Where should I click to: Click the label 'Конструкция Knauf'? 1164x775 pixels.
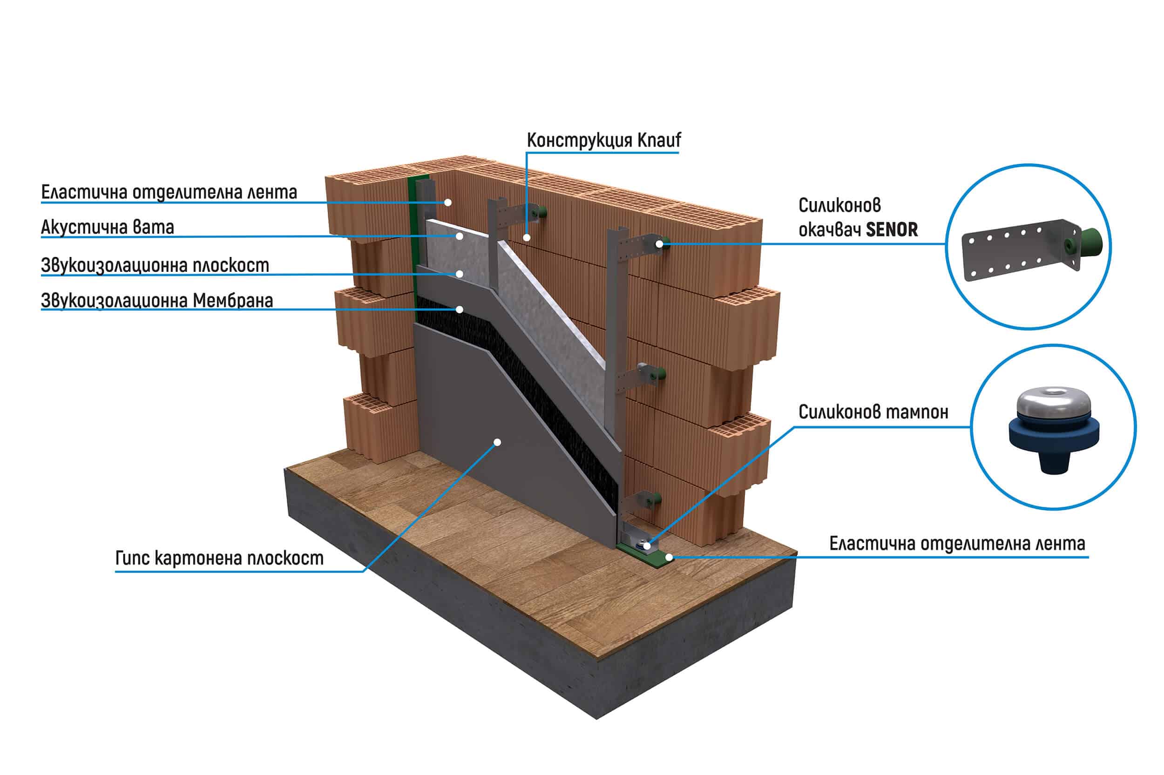[x=603, y=141]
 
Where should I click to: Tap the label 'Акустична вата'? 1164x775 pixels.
[x=107, y=227]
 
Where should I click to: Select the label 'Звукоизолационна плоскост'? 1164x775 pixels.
[x=155, y=265]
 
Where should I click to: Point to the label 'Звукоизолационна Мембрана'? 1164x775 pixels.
[x=157, y=301]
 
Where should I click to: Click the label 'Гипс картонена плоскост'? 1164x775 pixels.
[x=219, y=558]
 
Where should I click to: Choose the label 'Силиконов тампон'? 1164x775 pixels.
[x=873, y=412]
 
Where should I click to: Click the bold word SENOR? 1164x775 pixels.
[x=892, y=230]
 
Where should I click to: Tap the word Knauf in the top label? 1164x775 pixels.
[x=658, y=141]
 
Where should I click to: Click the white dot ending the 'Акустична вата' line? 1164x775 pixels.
[x=459, y=236]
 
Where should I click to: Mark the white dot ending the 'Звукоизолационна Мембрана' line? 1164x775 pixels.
[x=459, y=310]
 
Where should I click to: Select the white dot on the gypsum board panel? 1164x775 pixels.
[x=498, y=442]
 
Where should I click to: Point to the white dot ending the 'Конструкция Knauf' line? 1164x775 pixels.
[x=527, y=238]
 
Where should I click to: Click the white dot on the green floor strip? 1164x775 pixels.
[x=668, y=557]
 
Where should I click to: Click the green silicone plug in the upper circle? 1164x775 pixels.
[x=1089, y=243]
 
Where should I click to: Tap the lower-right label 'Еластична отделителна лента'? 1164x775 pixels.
[x=957, y=544]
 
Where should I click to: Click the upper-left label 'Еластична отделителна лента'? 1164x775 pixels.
[x=169, y=192]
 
